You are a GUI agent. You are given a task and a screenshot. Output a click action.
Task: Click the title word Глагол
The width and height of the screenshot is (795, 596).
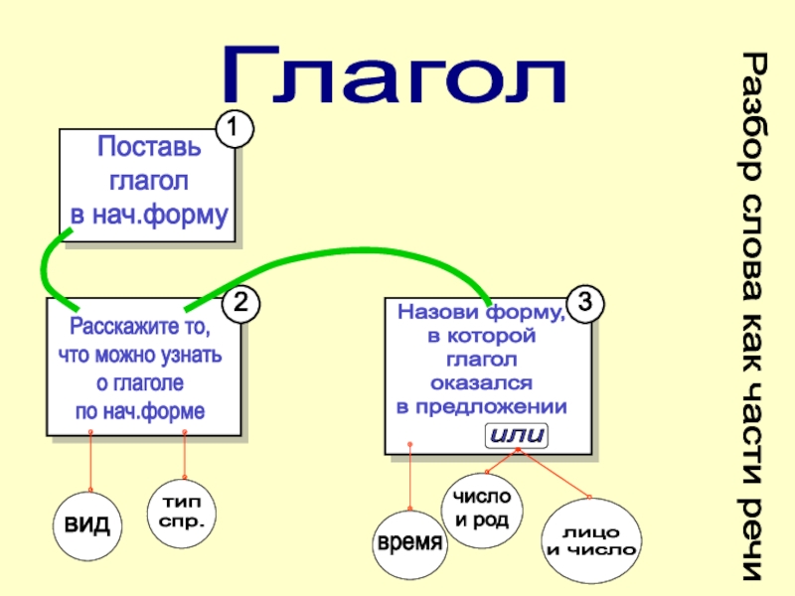click(x=395, y=75)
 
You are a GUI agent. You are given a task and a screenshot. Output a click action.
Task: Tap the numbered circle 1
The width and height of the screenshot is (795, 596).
click(x=235, y=129)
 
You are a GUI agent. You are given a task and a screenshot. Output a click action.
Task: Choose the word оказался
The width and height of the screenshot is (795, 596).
click(x=481, y=381)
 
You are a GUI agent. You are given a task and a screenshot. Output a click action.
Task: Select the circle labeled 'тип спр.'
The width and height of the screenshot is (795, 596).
click(x=182, y=512)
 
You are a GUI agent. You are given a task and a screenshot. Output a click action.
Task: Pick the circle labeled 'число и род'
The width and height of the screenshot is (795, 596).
click(x=481, y=508)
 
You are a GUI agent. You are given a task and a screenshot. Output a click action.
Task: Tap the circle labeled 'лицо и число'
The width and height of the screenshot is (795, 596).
click(x=591, y=542)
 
